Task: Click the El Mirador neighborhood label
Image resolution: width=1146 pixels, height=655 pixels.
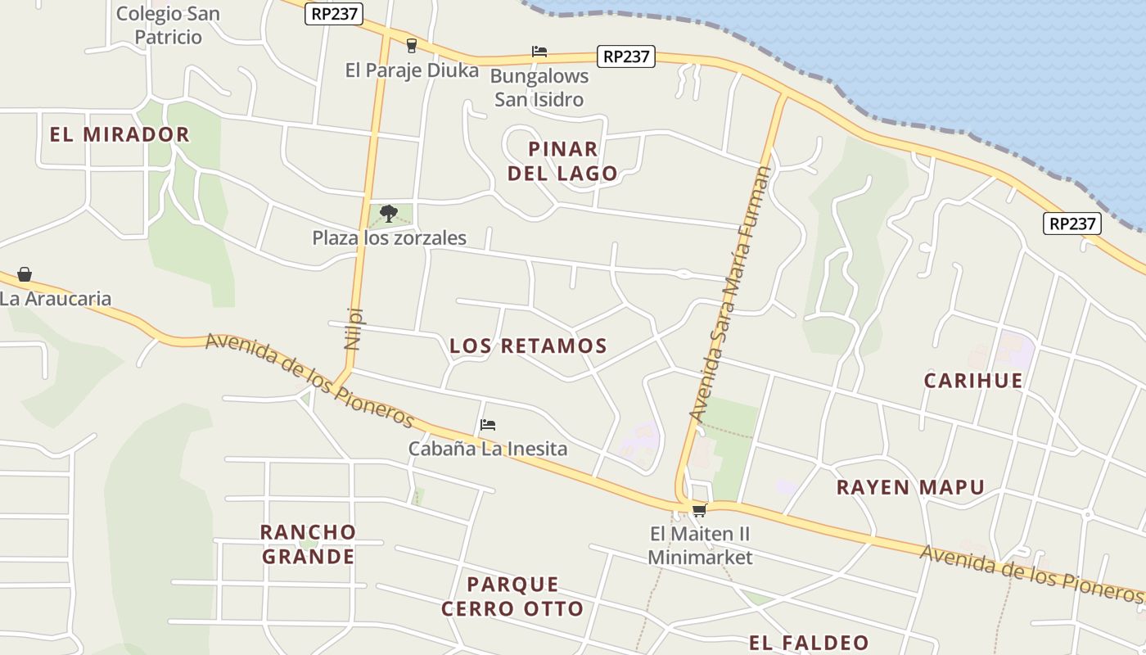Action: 120,134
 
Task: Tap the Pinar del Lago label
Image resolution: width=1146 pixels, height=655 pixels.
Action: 562,161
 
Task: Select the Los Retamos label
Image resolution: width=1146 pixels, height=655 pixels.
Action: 528,346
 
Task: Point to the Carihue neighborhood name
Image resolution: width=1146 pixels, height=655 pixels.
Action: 973,381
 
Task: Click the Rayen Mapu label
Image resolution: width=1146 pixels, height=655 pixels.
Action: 910,488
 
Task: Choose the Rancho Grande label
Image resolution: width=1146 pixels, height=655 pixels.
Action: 308,544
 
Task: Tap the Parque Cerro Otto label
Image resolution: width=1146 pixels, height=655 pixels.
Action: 512,597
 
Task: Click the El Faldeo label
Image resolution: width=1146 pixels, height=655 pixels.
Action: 809,643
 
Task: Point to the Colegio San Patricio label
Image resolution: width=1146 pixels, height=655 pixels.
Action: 168,25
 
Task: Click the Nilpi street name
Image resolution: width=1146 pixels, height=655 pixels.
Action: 354,328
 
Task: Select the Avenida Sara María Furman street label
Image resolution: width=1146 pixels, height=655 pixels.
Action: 730,295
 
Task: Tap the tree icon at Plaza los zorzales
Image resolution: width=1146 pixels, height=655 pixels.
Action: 389,214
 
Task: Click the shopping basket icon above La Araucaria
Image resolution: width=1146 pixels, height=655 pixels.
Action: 25,274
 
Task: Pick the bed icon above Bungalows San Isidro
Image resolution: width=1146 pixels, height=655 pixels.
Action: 539,52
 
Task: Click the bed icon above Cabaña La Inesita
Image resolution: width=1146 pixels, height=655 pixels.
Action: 488,425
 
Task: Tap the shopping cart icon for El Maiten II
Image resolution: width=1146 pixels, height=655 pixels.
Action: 699,511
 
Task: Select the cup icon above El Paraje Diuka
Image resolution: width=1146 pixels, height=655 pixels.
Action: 412,45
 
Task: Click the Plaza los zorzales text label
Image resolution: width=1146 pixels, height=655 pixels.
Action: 389,238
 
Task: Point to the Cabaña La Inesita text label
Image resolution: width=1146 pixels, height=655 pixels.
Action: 488,449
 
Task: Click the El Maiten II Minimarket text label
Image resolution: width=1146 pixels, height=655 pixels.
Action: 700,546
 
